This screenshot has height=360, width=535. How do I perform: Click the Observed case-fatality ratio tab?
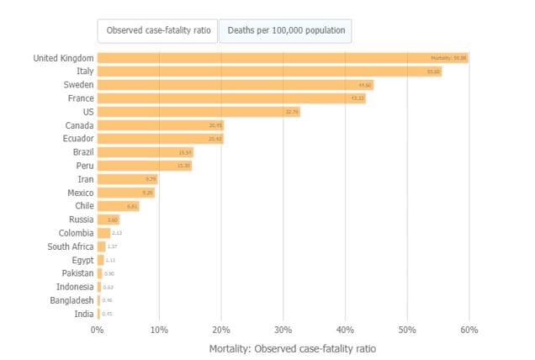[157, 31]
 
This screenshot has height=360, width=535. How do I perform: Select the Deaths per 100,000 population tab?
[285, 31]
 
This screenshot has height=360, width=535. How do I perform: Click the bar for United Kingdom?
[283, 58]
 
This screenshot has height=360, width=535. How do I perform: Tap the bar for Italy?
[269, 71]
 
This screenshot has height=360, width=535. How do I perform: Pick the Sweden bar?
[236, 85]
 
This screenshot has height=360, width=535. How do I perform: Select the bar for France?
[231, 98]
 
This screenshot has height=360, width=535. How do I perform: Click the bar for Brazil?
[146, 152]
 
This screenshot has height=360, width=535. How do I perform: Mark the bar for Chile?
[119, 206]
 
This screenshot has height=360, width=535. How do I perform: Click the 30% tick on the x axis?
[283, 329]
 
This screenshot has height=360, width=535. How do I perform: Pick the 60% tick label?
[469, 329]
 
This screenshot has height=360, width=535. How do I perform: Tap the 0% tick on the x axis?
[98, 329]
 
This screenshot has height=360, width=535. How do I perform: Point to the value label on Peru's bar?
[184, 166]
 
